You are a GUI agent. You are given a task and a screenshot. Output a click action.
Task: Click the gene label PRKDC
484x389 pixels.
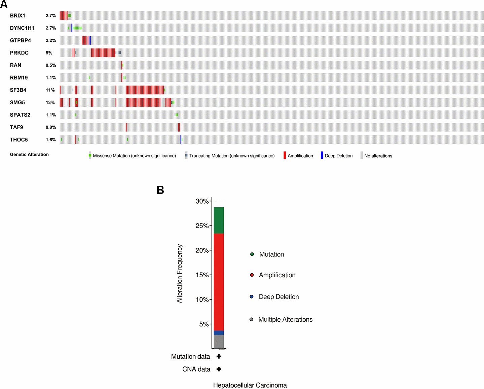tap(19, 53)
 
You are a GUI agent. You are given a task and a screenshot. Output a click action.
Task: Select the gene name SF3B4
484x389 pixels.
tap(18, 90)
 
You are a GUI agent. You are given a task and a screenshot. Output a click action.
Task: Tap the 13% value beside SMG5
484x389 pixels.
tap(50, 103)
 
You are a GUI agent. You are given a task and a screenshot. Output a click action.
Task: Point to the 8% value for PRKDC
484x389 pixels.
tap(49, 53)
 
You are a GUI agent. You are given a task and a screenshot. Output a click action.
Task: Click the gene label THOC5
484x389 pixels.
tap(19, 140)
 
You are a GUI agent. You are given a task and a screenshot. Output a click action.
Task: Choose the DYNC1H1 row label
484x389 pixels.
tap(22, 28)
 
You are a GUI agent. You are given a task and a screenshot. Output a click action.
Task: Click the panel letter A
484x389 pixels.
tap(4, 4)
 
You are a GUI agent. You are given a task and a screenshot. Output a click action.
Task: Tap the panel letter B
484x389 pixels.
tap(160, 190)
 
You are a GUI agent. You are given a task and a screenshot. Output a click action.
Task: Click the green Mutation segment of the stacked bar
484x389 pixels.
tap(219, 220)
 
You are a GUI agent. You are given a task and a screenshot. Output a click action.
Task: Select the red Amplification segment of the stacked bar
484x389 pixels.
tap(219, 282)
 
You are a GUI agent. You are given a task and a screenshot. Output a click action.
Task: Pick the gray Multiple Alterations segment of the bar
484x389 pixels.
tap(219, 342)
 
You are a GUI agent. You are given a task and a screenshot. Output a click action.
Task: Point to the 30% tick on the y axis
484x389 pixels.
tap(202, 201)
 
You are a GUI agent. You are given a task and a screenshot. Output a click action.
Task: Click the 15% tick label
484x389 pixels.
tap(202, 275)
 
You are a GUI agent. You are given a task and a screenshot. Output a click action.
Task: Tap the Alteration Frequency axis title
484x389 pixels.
tap(180, 274)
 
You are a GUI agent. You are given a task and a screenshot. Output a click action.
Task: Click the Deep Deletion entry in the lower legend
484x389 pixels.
tap(278, 297)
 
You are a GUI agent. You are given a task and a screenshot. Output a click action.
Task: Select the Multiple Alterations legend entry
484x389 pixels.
tap(285, 319)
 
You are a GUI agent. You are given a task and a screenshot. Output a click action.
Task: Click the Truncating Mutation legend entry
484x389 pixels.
tap(232, 156)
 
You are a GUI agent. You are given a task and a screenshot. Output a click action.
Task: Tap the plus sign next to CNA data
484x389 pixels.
tap(219, 369)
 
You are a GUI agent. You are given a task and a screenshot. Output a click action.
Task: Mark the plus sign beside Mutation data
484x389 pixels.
tap(219, 356)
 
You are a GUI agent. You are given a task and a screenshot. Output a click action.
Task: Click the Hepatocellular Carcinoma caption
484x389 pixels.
tap(250, 385)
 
